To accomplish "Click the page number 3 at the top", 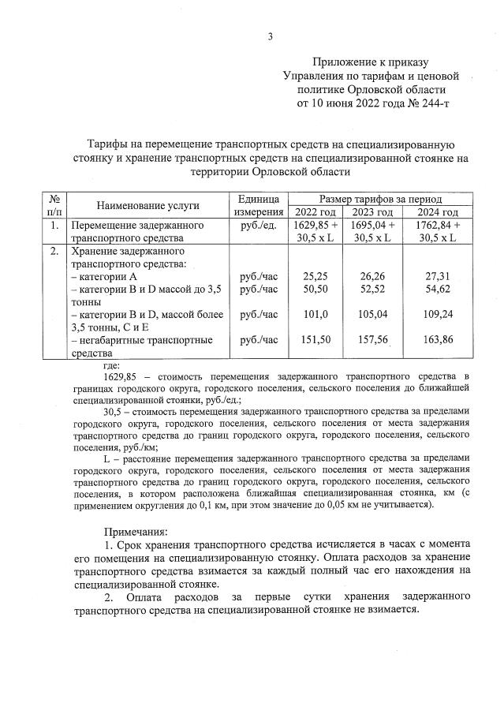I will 270,36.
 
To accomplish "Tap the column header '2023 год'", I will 373,212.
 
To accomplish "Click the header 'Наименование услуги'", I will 147,205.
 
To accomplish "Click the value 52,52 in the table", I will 373,290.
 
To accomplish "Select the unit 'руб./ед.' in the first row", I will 258,225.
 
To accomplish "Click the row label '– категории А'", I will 104,277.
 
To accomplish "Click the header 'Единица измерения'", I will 258,205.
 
